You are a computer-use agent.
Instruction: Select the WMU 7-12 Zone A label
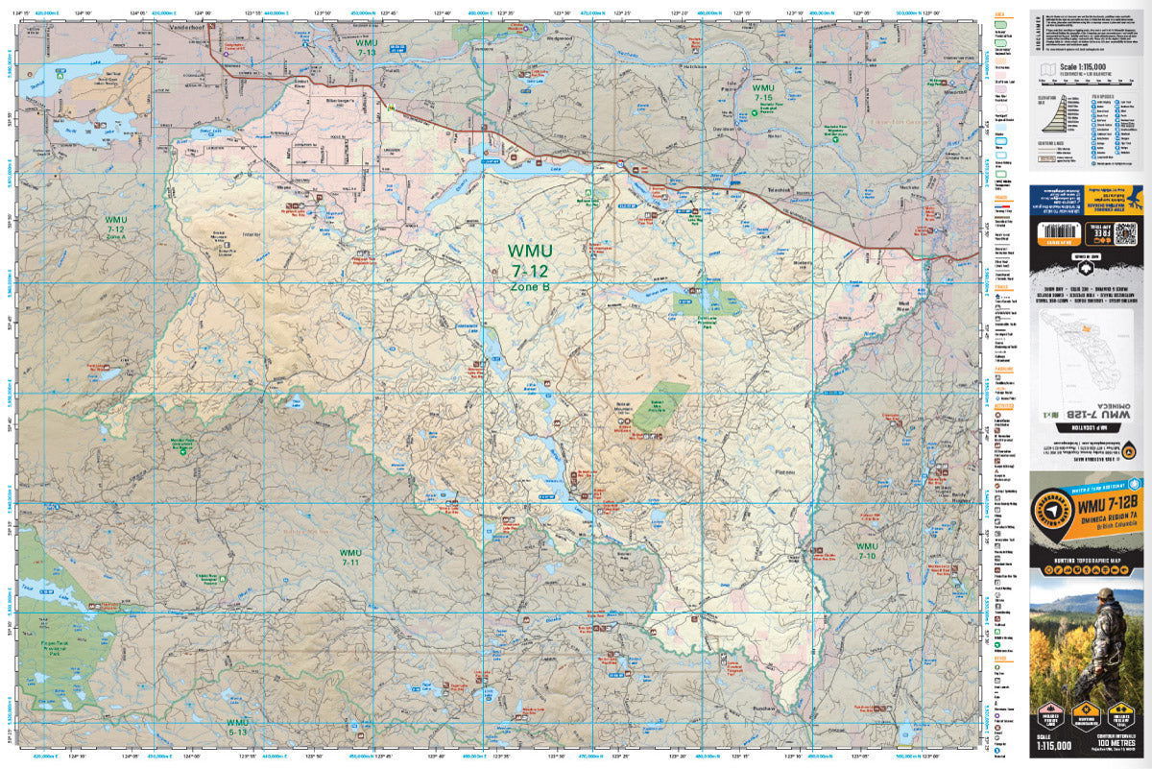(x=115, y=227)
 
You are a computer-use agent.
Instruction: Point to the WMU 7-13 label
(x=367, y=47)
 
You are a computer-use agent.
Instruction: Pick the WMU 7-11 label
(x=350, y=558)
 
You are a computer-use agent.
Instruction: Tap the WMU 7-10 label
(x=866, y=551)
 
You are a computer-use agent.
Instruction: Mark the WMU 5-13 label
(x=237, y=727)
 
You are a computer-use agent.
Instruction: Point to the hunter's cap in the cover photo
(x=1106, y=595)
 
